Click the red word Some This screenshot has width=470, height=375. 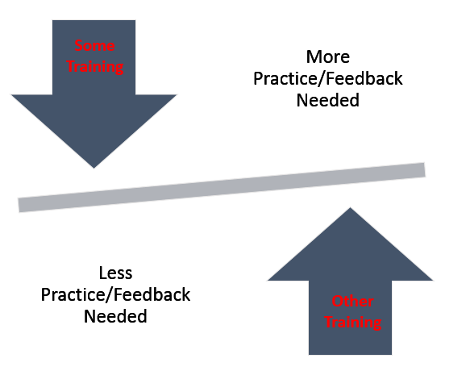pos(94,46)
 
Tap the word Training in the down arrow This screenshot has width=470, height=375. pos(94,67)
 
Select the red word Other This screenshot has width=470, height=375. pos(352,302)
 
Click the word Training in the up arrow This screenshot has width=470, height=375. pos(353,323)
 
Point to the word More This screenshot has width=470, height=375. pos(328,56)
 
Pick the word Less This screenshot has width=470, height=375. pos(116,273)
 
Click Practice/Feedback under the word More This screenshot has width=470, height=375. pos(328,78)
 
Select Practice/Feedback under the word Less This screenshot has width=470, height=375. pos(116,294)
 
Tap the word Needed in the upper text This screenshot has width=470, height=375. pos(328,100)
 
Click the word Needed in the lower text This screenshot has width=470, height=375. pos(116,317)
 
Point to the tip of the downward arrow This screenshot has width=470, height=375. pos(94,169)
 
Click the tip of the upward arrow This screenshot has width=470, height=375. pos(350,207)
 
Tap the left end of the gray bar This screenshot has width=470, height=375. pos(19,206)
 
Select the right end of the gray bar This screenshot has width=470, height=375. pos(425,169)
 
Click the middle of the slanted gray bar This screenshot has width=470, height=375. pos(222,187)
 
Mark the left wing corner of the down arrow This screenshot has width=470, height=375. pos(11,94)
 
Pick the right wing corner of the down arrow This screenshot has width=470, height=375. pos(177,94)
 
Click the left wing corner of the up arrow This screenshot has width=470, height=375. pos(268,281)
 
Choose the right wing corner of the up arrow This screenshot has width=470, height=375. pos(433,281)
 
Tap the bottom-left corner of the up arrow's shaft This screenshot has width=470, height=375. pos(309,355)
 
